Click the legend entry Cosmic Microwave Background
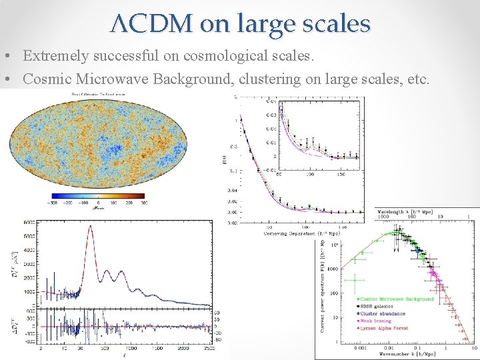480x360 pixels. coord(397,299)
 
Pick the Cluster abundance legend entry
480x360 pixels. coord(384,314)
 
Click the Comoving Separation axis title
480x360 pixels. coord(301,233)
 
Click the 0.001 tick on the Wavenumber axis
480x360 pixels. coord(341,347)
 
